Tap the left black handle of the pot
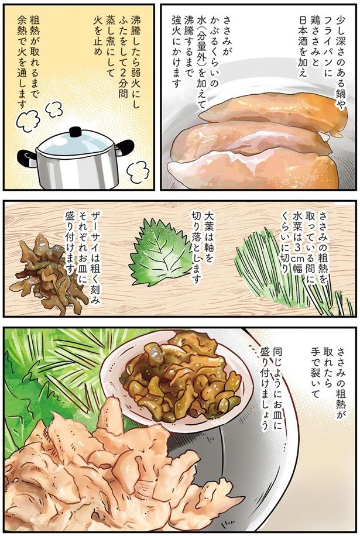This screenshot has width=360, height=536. [x=26, y=157]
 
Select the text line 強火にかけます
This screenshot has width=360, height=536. [x=177, y=55]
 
